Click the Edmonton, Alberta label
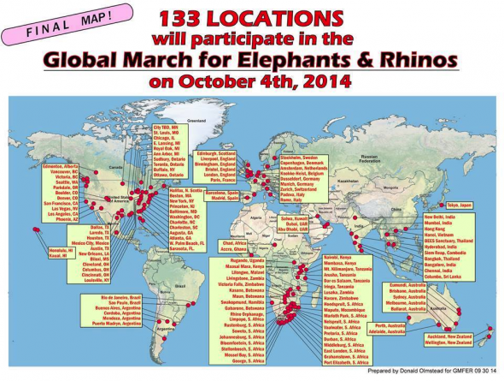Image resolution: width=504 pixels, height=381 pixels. [59, 164]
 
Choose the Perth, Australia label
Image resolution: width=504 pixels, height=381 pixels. [390, 325]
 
